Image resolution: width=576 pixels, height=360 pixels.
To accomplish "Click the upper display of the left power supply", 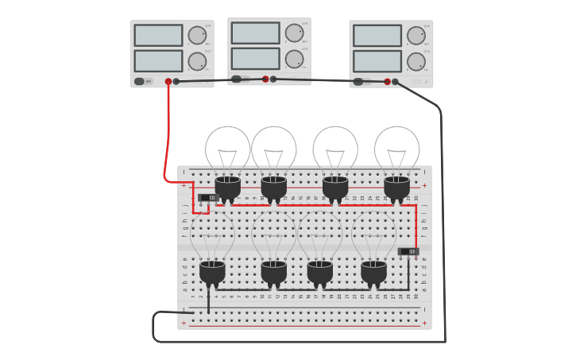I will [158, 35].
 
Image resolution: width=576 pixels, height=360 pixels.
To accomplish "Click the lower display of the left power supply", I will [158, 61].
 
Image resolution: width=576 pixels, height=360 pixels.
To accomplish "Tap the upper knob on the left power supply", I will [197, 35].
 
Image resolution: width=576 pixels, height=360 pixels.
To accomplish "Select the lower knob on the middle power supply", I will [294, 60].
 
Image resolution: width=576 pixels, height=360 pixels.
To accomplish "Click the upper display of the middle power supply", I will [255, 33].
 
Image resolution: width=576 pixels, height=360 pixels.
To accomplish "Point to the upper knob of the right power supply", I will [416, 36].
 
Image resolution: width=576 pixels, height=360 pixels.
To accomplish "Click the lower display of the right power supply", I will [377, 61].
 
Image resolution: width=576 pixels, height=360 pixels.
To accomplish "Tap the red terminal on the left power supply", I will [168, 81].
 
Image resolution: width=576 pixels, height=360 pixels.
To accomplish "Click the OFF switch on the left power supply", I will [140, 81].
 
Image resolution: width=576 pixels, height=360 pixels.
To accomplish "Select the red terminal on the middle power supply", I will [265, 79].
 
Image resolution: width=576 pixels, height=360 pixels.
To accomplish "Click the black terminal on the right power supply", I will [395, 81].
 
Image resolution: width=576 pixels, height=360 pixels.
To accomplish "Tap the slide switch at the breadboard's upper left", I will [208, 197].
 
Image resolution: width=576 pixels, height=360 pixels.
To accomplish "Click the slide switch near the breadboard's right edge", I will [408, 251].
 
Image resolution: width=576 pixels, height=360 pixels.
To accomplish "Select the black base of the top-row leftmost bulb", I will [228, 188].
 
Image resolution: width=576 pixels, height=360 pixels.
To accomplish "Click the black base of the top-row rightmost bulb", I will [397, 188].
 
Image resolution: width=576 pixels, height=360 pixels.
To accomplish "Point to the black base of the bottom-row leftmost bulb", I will [212, 273].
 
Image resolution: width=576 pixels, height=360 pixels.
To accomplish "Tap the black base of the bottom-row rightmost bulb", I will [373, 273].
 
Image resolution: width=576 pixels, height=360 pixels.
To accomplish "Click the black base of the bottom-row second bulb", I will [274, 273].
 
